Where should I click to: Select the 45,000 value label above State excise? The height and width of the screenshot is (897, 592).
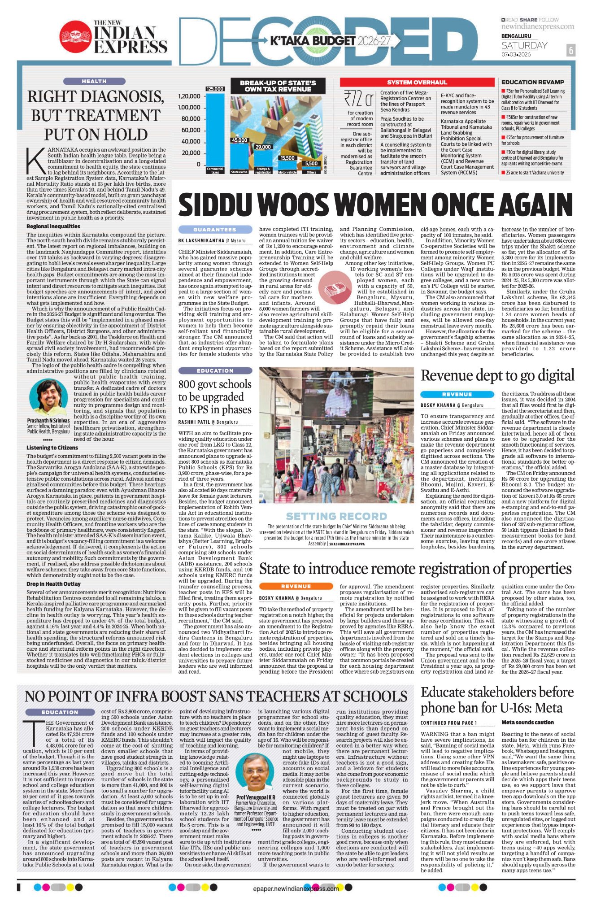tap(239, 140)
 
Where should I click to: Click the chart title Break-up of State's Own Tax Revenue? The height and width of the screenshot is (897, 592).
tap(278, 86)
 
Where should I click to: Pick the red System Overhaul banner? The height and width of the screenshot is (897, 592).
tap(417, 83)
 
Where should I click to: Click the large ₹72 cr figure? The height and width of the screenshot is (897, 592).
tap(358, 98)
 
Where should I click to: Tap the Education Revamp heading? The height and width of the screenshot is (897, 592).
tap(532, 82)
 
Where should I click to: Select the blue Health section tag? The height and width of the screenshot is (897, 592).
tap(94, 81)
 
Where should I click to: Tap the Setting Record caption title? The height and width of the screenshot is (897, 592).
tap(336, 516)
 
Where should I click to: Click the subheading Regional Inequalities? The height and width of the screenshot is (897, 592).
tap(53, 226)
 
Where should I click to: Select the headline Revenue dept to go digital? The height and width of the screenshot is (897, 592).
tap(497, 375)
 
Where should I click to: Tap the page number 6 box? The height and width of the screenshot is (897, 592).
tap(570, 50)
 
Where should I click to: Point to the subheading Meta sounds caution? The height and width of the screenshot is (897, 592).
tap(527, 723)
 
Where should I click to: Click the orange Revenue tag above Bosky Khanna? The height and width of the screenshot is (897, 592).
tap(296, 586)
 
